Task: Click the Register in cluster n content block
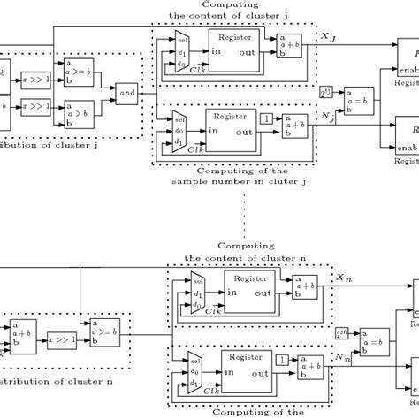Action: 252,293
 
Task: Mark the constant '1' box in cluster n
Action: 280,361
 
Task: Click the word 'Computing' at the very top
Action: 225,4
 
